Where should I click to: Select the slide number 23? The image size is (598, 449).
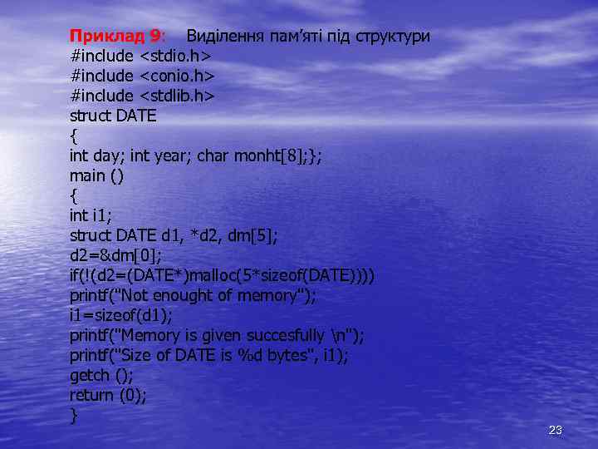click(556, 430)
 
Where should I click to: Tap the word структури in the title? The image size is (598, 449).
click(393, 37)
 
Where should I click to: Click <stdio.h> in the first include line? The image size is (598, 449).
click(176, 57)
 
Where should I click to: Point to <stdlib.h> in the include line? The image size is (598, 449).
click(177, 96)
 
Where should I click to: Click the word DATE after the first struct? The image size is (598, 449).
click(136, 116)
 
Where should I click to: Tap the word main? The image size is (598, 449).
click(87, 176)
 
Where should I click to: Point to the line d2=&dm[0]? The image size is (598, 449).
click(115, 256)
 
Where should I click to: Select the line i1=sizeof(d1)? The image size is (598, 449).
click(121, 316)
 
